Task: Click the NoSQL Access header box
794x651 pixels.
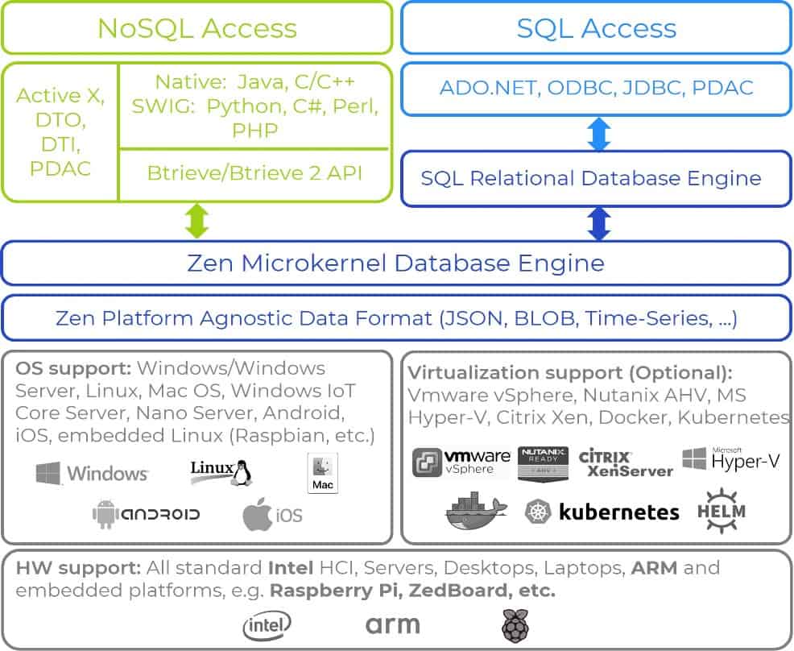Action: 196,28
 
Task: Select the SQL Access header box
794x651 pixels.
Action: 596,28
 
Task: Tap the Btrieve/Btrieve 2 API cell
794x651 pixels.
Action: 254,173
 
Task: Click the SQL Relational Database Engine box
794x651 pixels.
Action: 596,177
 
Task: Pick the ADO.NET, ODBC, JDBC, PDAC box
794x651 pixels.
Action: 596,87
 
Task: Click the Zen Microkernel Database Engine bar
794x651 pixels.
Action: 395,263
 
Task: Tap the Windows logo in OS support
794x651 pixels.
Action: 92,473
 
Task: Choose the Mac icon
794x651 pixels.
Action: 323,473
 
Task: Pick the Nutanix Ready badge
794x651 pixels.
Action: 544,463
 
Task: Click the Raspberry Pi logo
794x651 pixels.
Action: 512,625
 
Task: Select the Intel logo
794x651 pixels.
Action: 267,624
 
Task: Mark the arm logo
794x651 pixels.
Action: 393,624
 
